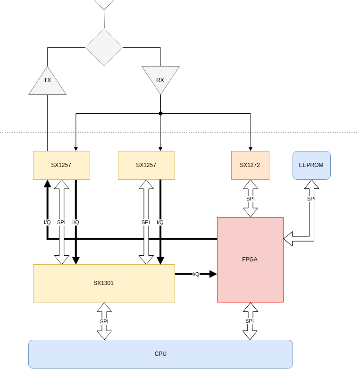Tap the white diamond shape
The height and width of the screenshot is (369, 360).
(x=104, y=47)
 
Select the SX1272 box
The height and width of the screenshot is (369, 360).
(x=250, y=165)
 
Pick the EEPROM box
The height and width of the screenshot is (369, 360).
(x=311, y=165)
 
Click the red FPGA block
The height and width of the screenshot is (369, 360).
(x=250, y=260)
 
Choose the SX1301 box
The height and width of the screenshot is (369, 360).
(x=104, y=283)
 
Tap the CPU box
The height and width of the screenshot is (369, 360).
(x=160, y=354)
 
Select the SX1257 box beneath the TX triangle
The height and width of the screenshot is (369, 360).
(x=61, y=165)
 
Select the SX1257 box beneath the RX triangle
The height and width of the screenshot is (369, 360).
(x=146, y=165)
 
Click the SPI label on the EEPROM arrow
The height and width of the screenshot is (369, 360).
(x=311, y=199)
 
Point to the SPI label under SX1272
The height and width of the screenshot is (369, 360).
(x=251, y=199)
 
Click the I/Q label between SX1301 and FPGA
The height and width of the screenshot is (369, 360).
(x=196, y=274)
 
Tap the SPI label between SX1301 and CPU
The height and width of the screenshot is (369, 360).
(x=104, y=321)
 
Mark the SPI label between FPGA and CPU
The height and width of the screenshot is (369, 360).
(x=250, y=321)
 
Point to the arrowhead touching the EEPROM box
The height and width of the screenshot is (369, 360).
(x=311, y=184)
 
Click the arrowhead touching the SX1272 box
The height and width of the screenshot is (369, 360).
(x=251, y=184)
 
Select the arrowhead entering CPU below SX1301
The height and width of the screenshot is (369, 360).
(x=104, y=335)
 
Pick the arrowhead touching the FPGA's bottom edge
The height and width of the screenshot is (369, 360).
(x=250, y=307)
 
